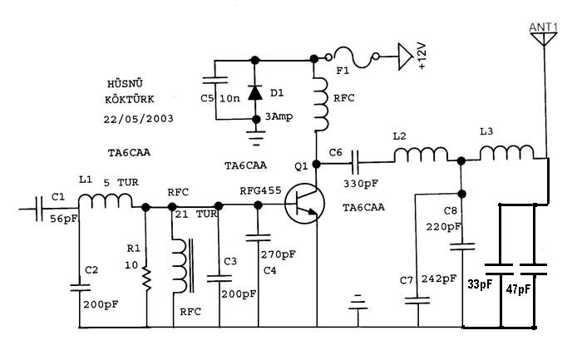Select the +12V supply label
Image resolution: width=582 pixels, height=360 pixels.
pos(422,56)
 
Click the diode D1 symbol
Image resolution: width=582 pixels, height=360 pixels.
pos(255,92)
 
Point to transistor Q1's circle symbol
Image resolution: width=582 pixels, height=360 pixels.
pos(305,204)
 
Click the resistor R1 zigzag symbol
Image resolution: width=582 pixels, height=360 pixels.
pos(146,279)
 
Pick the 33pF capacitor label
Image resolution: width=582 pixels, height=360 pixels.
pos(480,284)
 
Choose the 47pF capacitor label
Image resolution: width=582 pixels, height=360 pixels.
pos(519,288)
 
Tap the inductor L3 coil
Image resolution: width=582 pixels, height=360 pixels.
pos(507,152)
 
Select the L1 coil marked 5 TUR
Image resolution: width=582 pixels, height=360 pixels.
pos(106,201)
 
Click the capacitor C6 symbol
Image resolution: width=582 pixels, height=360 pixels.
pos(355,162)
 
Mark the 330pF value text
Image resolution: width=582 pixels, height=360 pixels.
pos(360,184)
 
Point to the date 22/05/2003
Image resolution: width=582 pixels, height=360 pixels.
pos(139,119)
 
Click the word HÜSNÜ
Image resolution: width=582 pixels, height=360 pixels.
pos(125,83)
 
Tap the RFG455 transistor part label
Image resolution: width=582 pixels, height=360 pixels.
pos(260,191)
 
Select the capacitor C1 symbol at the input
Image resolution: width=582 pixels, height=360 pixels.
pos(39,209)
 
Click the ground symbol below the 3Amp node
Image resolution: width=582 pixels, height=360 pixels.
pos(256,137)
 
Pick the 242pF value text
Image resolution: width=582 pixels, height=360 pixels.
pos(439,279)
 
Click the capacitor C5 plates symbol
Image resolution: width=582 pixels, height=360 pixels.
pos(215,80)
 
